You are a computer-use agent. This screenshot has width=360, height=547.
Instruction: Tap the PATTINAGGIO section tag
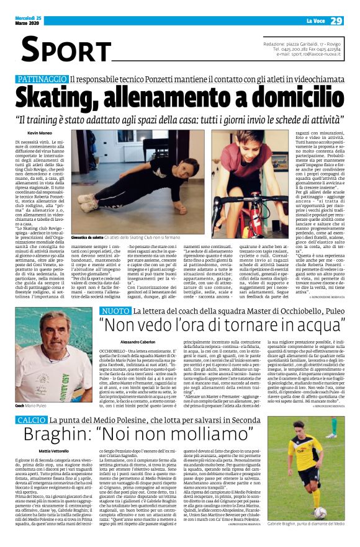[42, 79]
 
